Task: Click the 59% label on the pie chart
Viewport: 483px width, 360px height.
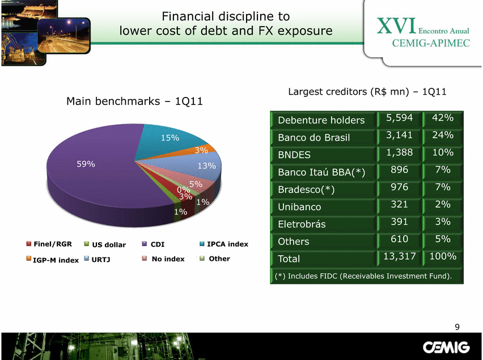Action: [86, 164]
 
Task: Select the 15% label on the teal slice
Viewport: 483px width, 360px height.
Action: [170, 138]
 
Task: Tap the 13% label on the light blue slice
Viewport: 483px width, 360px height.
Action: [207, 166]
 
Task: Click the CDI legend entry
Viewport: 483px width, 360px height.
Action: [154, 244]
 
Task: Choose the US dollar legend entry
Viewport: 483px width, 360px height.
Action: [105, 244]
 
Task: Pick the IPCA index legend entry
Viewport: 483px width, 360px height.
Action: [224, 244]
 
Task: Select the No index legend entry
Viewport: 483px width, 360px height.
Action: [163, 259]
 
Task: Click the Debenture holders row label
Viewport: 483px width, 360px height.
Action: [321, 120]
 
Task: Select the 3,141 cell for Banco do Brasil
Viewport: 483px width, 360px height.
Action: [399, 135]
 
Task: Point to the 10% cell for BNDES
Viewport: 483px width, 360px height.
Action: [443, 152]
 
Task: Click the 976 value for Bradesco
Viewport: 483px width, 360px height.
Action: [400, 187]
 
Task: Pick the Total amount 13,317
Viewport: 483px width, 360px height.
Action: [400, 256]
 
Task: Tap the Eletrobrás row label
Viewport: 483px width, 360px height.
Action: [302, 224]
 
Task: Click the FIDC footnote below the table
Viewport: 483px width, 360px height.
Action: [363, 276]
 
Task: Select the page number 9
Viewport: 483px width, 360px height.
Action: [457, 327]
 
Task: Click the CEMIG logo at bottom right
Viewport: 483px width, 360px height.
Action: [446, 348]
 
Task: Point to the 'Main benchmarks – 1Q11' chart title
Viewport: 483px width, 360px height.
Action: [134, 101]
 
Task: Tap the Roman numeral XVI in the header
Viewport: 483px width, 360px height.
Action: [396, 26]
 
